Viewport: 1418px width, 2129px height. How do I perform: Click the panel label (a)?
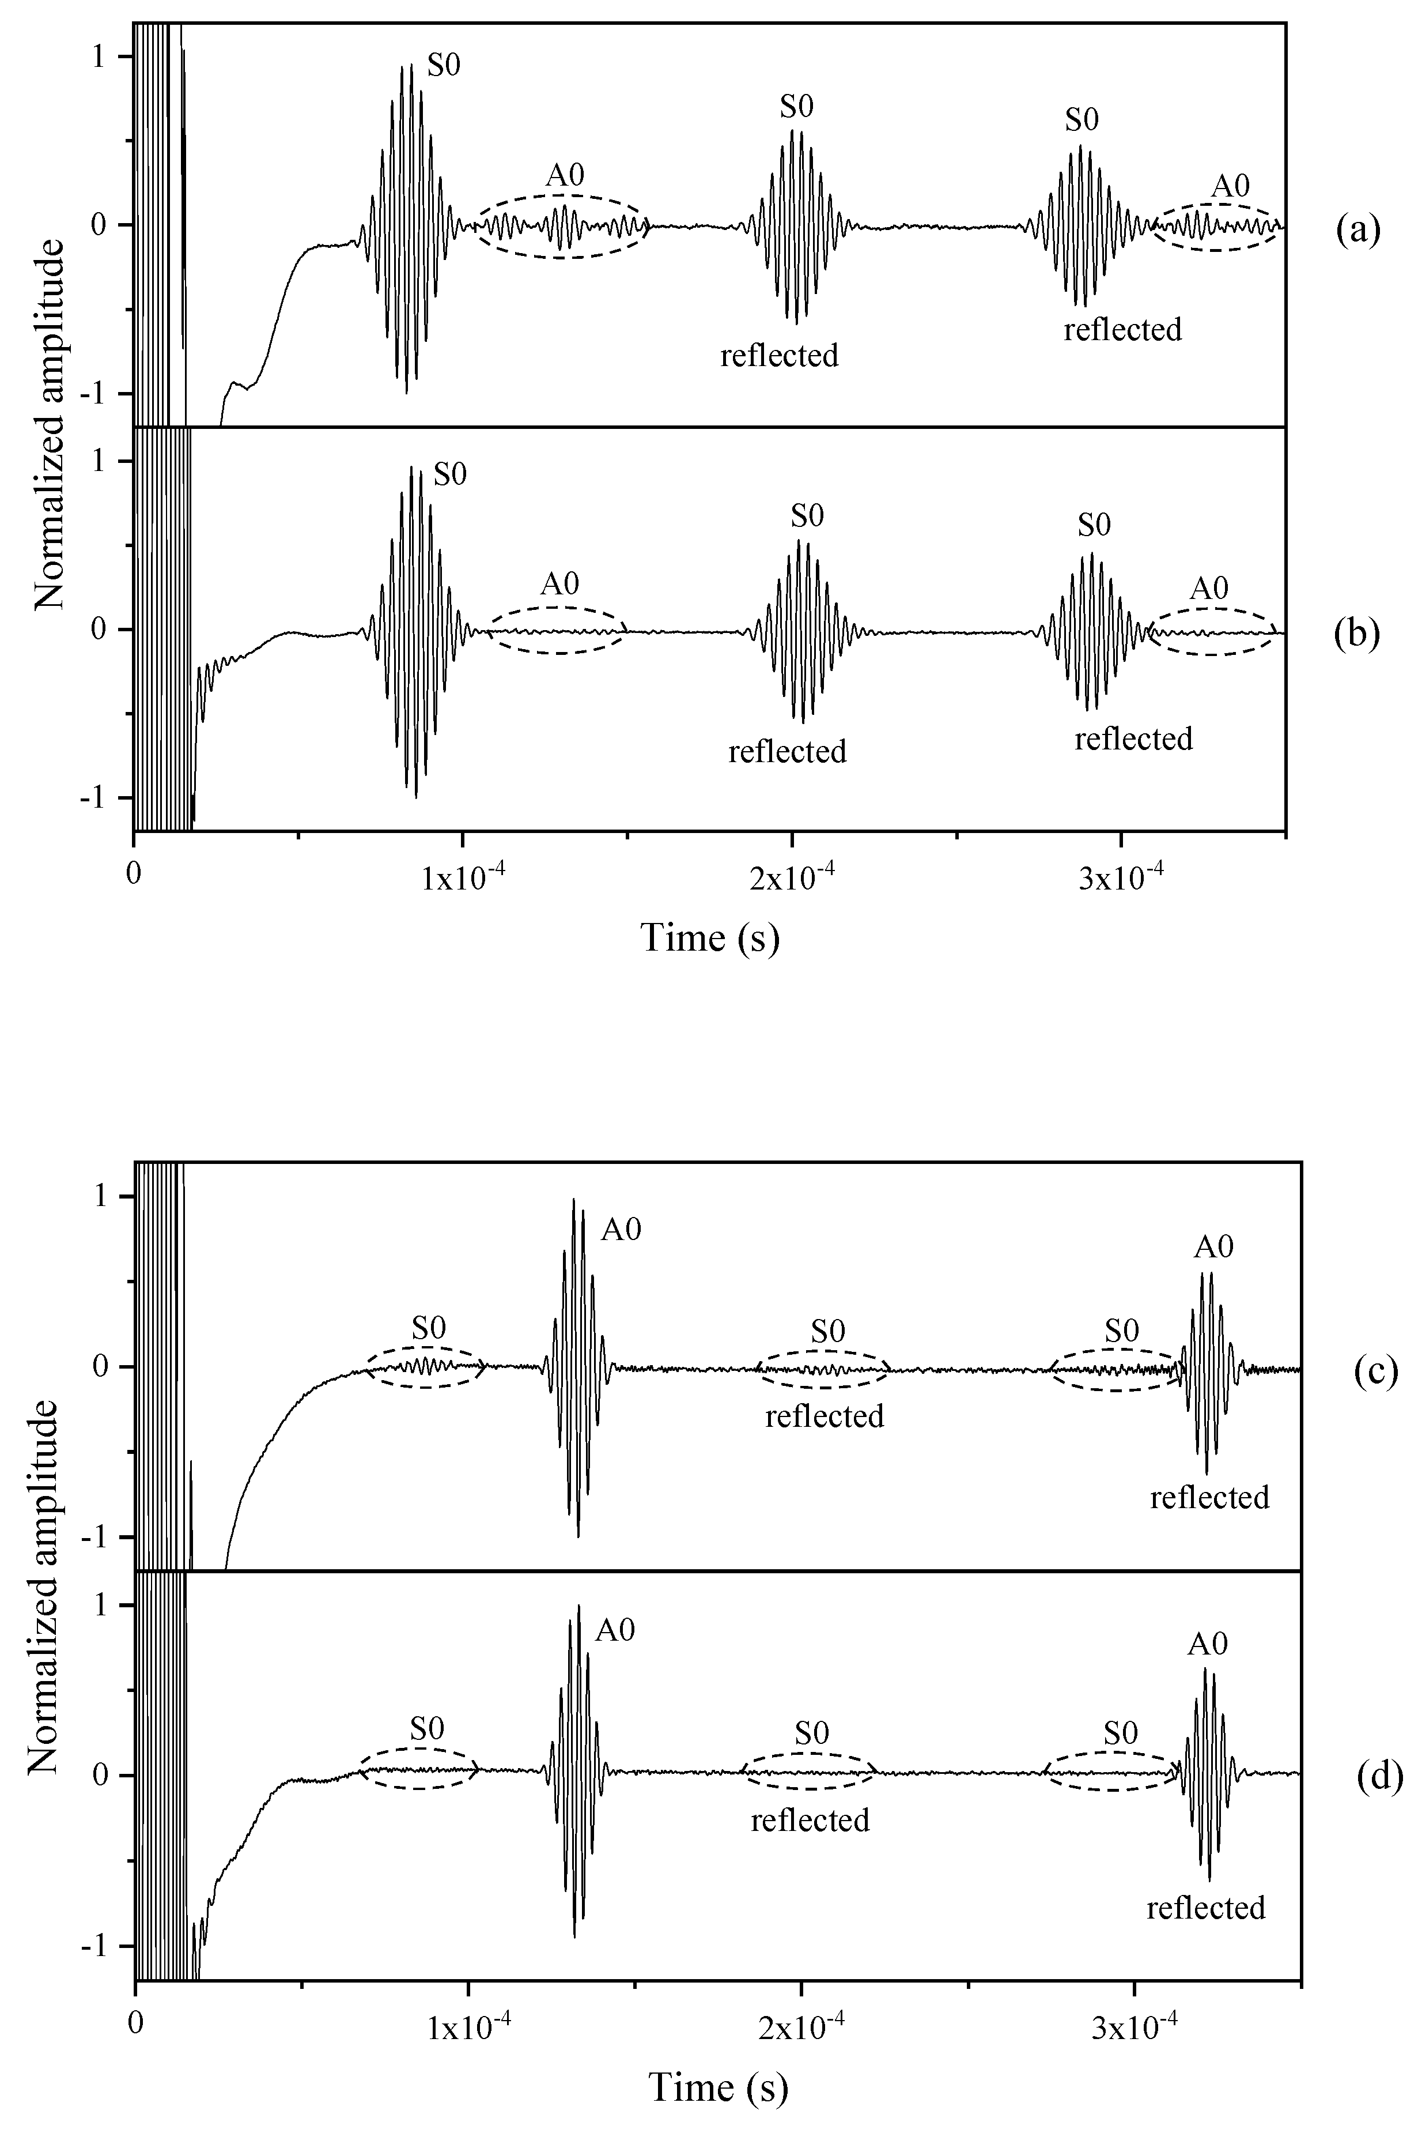click(x=1358, y=232)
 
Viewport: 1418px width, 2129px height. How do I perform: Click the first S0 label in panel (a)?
click(x=443, y=68)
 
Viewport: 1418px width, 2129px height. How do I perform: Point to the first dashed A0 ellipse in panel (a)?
click(x=562, y=226)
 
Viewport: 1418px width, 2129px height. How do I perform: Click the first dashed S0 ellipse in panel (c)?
click(x=426, y=1366)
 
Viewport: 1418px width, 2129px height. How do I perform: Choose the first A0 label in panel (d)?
click(x=615, y=1630)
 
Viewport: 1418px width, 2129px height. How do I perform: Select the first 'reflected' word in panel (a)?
click(x=778, y=356)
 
